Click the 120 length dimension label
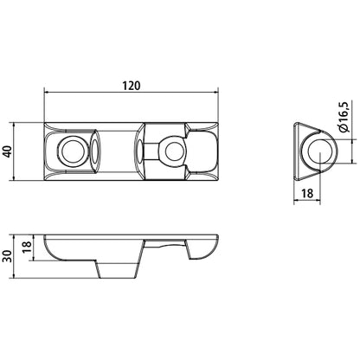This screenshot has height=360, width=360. click(132, 87)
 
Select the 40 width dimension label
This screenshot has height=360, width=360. click(9, 152)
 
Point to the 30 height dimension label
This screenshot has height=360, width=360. click(9, 257)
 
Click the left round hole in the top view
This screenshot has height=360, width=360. click(70, 152)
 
